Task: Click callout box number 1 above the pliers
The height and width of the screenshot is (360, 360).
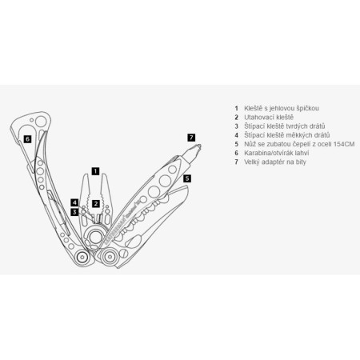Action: pos(95,171)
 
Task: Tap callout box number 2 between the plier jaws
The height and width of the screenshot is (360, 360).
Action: pos(96,204)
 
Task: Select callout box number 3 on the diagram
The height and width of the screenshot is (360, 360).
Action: pos(74,213)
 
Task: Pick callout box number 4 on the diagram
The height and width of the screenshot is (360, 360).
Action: pos(74,203)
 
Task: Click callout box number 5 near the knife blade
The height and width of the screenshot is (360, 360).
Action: pos(187,178)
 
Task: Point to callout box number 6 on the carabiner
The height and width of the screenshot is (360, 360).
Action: pos(27,139)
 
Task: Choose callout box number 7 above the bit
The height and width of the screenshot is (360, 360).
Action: pos(191,138)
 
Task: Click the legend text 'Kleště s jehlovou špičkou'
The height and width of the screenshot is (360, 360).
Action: pos(282,108)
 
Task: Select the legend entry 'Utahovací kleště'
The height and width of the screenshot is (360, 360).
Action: pos(269,118)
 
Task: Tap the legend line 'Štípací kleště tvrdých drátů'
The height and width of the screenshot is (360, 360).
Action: pos(285,126)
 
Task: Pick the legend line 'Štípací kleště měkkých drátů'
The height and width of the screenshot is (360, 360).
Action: pos(287,135)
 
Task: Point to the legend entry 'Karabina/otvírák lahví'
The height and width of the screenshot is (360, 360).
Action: pos(277,153)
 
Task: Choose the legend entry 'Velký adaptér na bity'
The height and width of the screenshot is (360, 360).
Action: pos(275,162)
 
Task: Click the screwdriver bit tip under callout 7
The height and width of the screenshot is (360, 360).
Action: pos(199,146)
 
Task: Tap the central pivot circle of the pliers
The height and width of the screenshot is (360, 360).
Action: pos(95,237)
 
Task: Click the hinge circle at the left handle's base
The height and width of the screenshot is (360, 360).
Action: pos(82,257)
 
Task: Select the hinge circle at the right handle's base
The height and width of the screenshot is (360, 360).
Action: pos(109,257)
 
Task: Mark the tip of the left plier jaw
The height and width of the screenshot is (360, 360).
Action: pos(86,175)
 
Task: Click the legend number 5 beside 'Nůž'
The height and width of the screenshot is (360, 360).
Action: pos(236,144)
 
